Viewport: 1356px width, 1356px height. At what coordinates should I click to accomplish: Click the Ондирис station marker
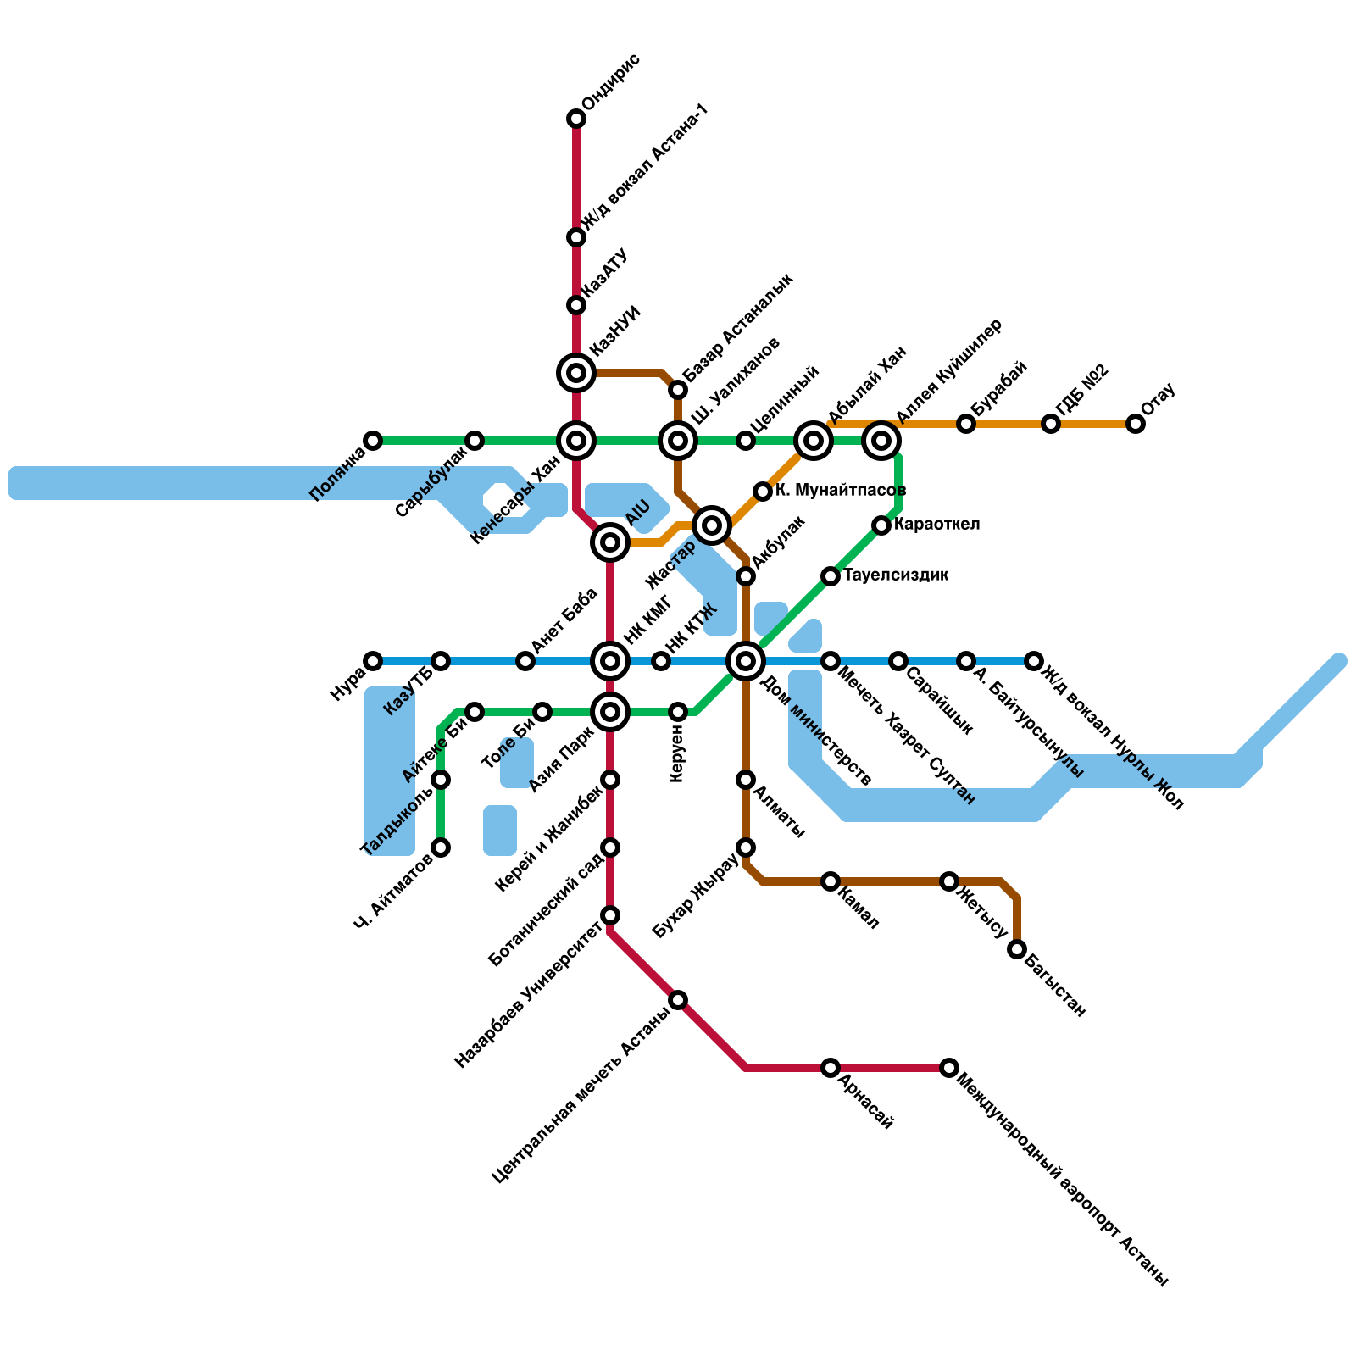(576, 119)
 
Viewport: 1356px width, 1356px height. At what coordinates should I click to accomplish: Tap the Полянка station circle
(373, 441)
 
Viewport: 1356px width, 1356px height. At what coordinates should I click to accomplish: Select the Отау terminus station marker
(1136, 424)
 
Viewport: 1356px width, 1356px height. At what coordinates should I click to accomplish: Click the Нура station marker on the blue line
(373, 661)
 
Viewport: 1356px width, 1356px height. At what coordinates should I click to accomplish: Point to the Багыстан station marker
(1017, 949)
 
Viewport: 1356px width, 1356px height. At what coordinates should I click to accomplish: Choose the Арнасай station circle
(831, 1068)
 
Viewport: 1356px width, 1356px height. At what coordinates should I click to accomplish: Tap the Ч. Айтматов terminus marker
(441, 847)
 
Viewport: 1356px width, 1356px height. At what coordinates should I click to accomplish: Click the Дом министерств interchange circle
(746, 661)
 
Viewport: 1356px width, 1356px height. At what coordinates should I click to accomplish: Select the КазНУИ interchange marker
(576, 373)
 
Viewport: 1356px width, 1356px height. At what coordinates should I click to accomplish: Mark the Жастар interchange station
(712, 525)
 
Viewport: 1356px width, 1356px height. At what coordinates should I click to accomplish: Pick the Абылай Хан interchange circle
(814, 441)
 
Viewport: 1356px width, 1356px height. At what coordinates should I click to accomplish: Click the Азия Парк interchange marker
(610, 712)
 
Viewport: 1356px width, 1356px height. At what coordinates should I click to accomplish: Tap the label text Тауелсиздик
(896, 575)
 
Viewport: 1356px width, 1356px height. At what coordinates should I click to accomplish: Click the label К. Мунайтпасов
(841, 490)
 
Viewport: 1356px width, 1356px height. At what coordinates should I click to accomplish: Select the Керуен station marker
(678, 712)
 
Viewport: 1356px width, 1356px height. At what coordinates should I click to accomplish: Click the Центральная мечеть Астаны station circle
(678, 1000)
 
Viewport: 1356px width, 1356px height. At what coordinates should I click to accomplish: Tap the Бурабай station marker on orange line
(966, 424)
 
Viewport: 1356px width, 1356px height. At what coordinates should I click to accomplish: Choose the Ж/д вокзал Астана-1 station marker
(576, 237)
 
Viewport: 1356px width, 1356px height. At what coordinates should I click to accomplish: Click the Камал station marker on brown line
(831, 881)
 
